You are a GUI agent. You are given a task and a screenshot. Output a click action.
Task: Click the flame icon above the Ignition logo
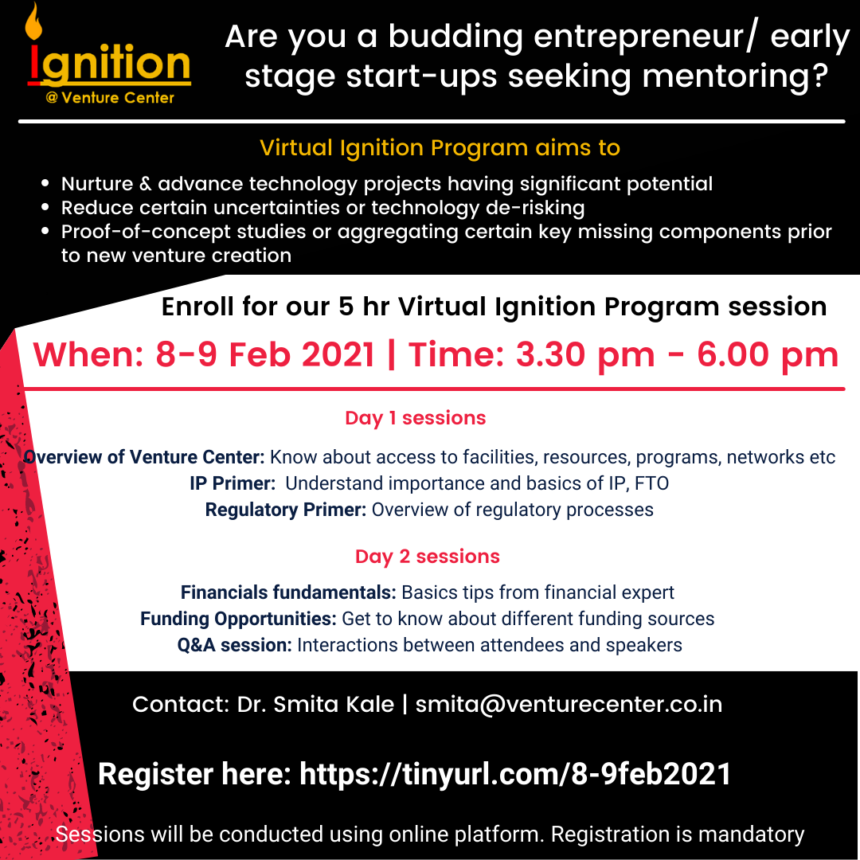33,22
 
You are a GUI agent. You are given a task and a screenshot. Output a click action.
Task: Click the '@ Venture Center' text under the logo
110,98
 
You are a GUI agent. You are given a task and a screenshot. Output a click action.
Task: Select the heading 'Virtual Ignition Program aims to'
440,147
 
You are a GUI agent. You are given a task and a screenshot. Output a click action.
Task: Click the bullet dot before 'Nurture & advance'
45,184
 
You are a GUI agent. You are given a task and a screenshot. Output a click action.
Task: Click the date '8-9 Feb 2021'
265,354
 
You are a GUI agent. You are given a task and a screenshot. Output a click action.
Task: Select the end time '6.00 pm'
768,355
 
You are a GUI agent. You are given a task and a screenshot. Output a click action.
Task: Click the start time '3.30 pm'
585,355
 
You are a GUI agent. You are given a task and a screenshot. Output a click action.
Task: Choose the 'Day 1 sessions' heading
415,418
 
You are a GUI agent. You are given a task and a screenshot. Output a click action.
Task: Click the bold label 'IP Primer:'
233,483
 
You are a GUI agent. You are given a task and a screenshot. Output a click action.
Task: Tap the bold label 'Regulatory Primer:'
286,510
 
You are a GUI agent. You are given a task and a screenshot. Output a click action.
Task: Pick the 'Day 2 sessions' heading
428,556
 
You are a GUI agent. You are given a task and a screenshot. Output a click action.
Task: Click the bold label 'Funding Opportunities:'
238,619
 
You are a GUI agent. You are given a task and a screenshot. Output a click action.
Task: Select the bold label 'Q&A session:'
235,645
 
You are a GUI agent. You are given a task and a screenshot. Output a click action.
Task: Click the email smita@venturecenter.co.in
569,704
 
